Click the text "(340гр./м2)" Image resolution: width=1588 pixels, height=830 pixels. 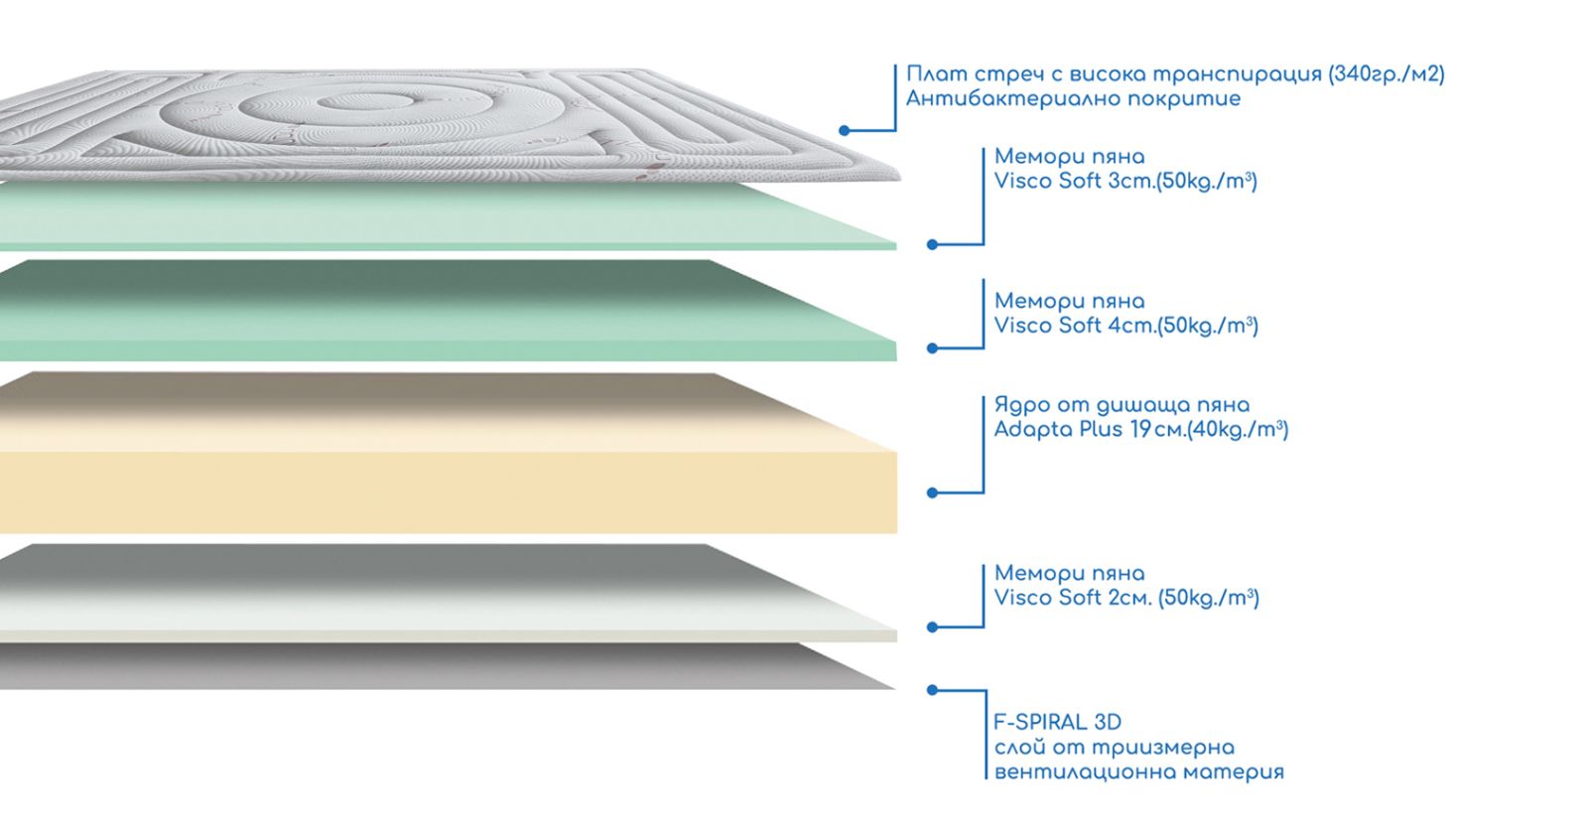(1386, 74)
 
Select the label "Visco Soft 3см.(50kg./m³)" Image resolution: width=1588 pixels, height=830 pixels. (1125, 182)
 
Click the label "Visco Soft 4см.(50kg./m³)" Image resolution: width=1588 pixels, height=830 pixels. (1125, 326)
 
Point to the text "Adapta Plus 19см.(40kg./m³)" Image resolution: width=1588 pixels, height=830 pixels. (1140, 430)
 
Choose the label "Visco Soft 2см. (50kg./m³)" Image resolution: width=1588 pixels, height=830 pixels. (1126, 598)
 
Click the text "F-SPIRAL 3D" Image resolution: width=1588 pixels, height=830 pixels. (1057, 722)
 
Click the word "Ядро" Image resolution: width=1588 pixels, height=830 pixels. (1020, 405)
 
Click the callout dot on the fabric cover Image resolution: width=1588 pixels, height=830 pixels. (844, 130)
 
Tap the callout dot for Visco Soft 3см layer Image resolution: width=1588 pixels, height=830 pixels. (932, 244)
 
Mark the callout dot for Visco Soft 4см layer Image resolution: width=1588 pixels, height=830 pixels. (932, 348)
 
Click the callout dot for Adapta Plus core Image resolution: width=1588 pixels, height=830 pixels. (932, 492)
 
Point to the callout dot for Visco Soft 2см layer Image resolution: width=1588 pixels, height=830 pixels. (932, 627)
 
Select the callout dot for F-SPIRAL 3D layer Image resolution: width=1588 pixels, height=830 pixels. (932, 689)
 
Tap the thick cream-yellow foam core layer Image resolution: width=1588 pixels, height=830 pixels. (447, 486)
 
